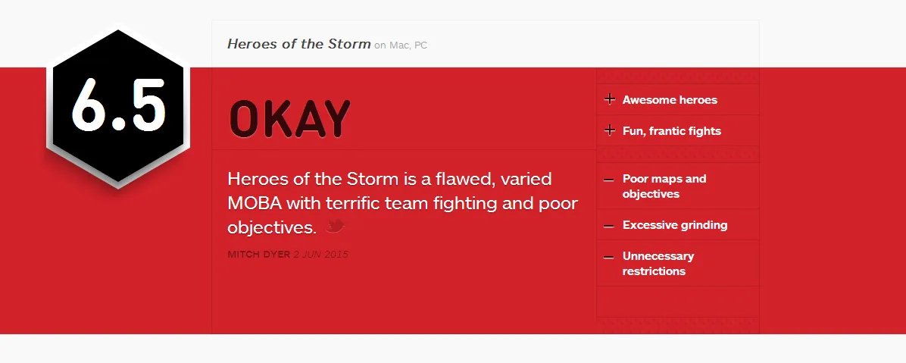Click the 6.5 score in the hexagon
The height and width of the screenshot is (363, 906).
coord(119,105)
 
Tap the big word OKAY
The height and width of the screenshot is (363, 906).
coord(289,119)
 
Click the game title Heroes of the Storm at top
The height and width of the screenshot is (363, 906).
coord(298,44)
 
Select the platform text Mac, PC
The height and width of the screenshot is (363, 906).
coord(408,45)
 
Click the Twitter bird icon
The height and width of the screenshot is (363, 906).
coord(335,226)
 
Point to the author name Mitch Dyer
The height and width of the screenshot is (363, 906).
coord(259,255)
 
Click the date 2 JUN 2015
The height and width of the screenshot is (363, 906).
coord(320,255)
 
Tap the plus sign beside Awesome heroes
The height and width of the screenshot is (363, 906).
coord(609,99)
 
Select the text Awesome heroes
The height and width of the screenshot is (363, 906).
coord(670,100)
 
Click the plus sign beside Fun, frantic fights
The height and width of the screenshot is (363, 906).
coord(609,130)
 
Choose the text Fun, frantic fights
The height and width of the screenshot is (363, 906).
coord(672,131)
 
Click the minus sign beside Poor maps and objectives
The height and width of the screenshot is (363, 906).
coord(608,180)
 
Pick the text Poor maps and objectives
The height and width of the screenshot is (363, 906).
coord(664,186)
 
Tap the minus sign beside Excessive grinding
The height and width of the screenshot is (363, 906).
coord(608,226)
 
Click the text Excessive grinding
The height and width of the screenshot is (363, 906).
coord(675,225)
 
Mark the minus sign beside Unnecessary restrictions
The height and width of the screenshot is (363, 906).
coord(608,257)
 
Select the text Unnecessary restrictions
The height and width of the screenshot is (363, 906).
coord(658,264)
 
